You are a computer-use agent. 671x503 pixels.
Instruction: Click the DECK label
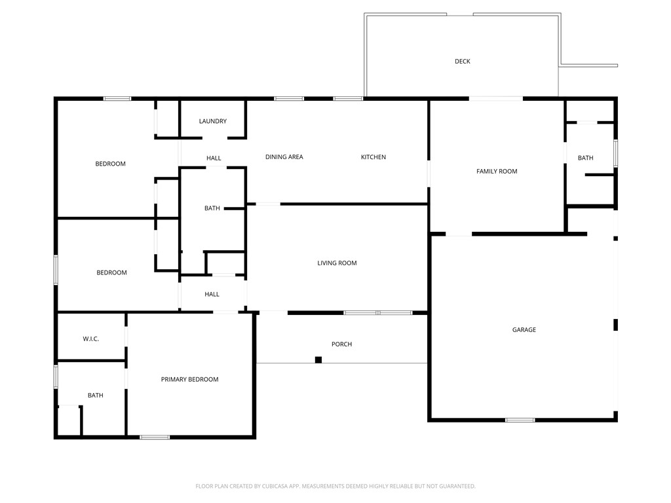(x=463, y=62)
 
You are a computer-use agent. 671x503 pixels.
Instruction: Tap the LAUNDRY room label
(x=213, y=121)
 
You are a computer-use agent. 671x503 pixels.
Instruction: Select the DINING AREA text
(x=284, y=157)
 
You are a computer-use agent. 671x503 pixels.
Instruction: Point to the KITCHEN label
(x=374, y=157)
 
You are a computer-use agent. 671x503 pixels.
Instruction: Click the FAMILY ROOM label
(x=497, y=172)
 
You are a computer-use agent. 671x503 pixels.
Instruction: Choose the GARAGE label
(x=524, y=330)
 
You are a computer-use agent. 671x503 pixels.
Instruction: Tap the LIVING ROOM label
(x=337, y=263)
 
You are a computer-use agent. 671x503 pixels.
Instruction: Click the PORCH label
(x=341, y=345)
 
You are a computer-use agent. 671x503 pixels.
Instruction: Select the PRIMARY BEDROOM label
(x=189, y=380)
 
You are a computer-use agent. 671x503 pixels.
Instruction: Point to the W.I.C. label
(x=90, y=339)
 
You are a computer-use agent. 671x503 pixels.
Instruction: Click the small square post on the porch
(x=318, y=360)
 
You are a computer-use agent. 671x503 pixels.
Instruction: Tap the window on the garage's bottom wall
(x=520, y=420)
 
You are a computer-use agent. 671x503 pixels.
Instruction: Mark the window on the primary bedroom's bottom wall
(x=155, y=437)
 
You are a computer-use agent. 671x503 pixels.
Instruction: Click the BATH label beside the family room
(x=585, y=158)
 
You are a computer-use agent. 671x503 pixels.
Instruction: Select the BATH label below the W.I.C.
(x=96, y=396)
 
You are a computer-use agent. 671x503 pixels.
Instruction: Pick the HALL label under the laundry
(x=214, y=158)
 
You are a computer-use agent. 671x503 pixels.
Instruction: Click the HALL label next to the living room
(x=212, y=295)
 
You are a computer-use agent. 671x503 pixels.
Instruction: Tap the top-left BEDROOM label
(x=110, y=164)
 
